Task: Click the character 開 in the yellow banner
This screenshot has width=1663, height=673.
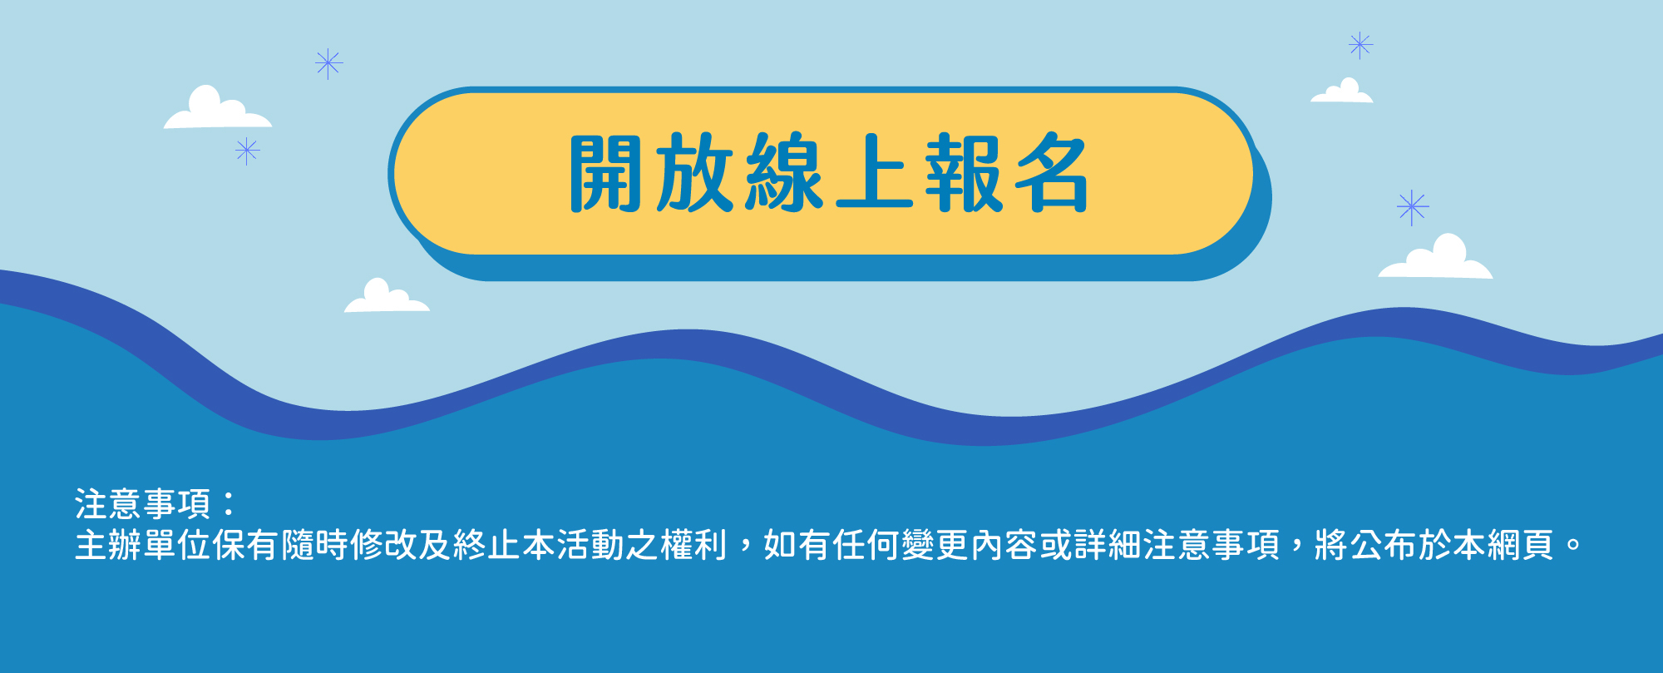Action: coord(605,172)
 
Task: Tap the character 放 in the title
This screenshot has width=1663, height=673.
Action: coord(694,172)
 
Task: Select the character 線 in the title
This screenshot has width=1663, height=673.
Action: coord(784,172)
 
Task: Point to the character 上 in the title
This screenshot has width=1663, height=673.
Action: coord(874,172)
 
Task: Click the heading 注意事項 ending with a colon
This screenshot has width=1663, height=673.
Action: coord(155,504)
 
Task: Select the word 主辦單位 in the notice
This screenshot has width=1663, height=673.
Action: coord(143,545)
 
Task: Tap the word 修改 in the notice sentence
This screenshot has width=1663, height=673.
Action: coord(383,545)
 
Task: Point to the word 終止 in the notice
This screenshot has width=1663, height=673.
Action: coord(486,545)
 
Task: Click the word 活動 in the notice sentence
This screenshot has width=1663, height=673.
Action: coord(590,545)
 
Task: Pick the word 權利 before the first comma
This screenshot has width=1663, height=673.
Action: coord(693,545)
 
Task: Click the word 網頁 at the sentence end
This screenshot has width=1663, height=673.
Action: coord(1520,545)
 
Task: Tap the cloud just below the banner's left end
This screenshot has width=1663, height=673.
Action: coord(387,296)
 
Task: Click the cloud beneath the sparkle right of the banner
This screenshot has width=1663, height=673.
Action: coord(1436,257)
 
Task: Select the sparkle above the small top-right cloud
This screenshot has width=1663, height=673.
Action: coord(1360,45)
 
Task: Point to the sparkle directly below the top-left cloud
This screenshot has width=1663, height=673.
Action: coord(247,151)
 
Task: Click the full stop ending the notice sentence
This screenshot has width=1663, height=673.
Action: coord(1573,547)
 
